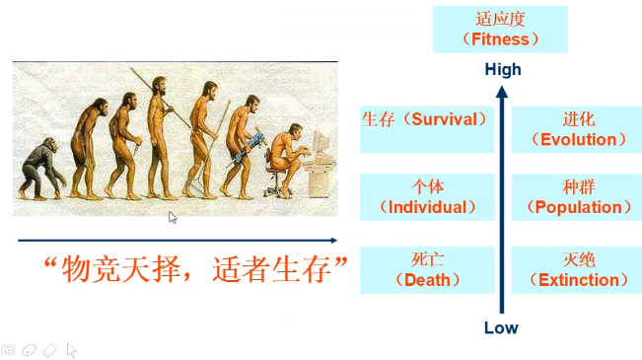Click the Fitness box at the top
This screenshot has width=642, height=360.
click(x=500, y=29)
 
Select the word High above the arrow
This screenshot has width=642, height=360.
click(x=502, y=70)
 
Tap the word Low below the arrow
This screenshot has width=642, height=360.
click(x=501, y=327)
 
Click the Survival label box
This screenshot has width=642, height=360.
click(x=426, y=119)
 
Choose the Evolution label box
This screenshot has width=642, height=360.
click(x=578, y=129)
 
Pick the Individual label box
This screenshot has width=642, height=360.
click(x=426, y=196)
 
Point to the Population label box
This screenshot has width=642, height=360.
click(x=578, y=196)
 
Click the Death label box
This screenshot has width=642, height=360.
click(x=426, y=269)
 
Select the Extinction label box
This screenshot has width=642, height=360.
click(x=578, y=269)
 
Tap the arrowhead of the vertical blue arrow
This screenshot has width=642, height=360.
click(x=502, y=93)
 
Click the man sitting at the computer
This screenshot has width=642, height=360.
click(x=288, y=158)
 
